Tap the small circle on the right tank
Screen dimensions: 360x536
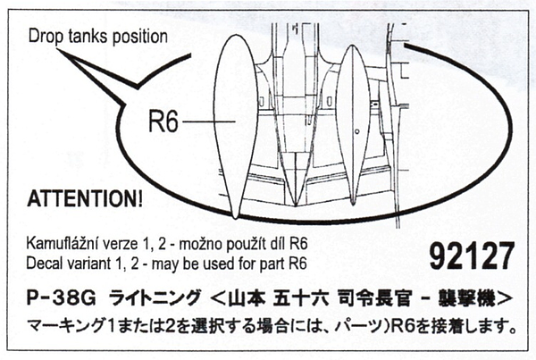(356, 132)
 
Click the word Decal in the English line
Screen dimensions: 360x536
(48, 263)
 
